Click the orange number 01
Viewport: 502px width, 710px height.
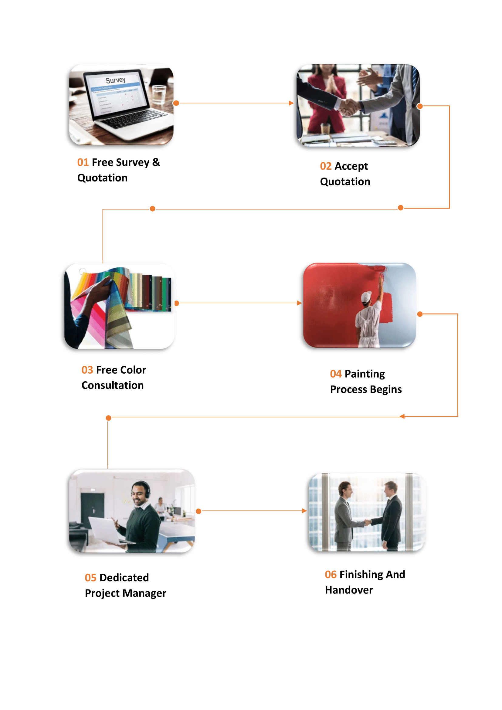pyautogui.click(x=83, y=162)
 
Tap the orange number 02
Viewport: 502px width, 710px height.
pyautogui.click(x=325, y=166)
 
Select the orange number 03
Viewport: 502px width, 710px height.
pyautogui.click(x=87, y=370)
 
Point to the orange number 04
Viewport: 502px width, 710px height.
pyautogui.click(x=336, y=374)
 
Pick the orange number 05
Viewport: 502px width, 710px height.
pyautogui.click(x=90, y=578)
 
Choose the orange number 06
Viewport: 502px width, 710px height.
pyautogui.click(x=331, y=575)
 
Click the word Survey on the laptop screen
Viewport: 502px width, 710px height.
pyautogui.click(x=115, y=80)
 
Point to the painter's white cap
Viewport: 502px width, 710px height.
pyautogui.click(x=366, y=297)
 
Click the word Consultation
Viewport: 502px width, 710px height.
pyautogui.click(x=113, y=385)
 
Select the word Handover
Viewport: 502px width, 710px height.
pyautogui.click(x=349, y=590)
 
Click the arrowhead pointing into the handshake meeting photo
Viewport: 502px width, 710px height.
pyautogui.click(x=291, y=103)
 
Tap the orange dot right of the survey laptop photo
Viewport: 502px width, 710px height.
pyautogui.click(x=176, y=103)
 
